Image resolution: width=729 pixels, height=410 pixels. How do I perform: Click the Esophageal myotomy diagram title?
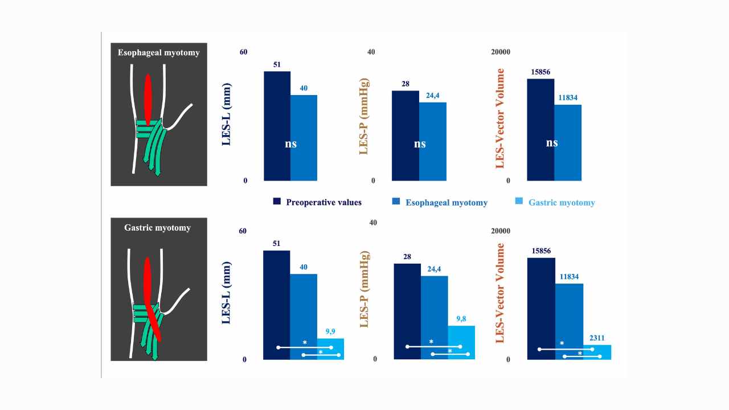pyautogui.click(x=158, y=53)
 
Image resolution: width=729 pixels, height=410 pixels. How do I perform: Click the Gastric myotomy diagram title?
pyautogui.click(x=158, y=228)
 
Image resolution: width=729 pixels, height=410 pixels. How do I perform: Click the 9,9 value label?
pyautogui.click(x=330, y=331)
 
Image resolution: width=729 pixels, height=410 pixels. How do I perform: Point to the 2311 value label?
pyautogui.click(x=597, y=337)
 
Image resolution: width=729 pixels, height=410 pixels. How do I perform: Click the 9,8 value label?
pyautogui.click(x=461, y=318)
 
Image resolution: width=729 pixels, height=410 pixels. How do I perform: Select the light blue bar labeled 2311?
pyautogui.click(x=597, y=352)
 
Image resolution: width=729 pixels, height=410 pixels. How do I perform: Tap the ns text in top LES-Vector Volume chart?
pyautogui.click(x=551, y=143)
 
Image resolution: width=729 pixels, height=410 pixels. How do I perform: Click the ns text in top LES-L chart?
pyautogui.click(x=291, y=144)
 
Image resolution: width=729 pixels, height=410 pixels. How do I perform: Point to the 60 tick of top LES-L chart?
pyautogui.click(x=243, y=52)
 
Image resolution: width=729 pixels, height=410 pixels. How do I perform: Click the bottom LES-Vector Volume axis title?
pyautogui.click(x=500, y=293)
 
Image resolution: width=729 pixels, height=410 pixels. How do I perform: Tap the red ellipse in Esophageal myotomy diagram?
pyautogui.click(x=148, y=99)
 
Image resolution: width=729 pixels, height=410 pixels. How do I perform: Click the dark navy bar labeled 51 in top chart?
pyautogui.click(x=277, y=125)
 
